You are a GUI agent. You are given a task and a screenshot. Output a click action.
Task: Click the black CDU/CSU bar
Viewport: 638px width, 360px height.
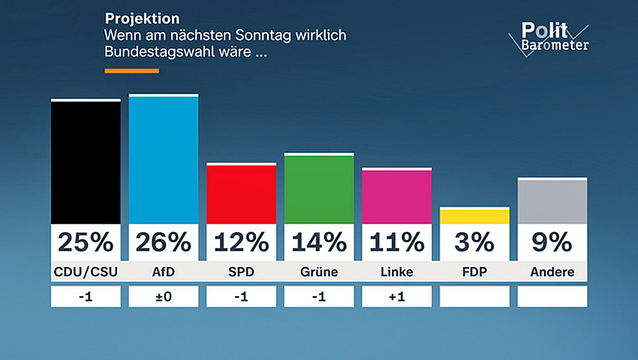click(x=86, y=161)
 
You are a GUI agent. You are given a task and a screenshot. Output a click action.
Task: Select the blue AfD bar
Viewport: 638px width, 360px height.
click(x=164, y=159)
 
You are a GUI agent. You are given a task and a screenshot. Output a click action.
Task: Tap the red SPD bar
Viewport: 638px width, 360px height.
click(x=241, y=193)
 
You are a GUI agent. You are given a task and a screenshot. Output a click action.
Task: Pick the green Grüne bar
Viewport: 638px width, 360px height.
click(x=319, y=188)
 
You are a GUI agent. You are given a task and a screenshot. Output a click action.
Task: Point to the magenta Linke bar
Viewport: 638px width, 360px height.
click(x=396, y=196)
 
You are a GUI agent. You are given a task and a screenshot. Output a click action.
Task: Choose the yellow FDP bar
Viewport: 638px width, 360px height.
click(x=474, y=216)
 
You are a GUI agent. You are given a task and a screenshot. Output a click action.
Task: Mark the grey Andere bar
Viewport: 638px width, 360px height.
click(x=552, y=201)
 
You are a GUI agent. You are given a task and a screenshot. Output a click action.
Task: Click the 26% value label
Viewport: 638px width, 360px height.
click(x=164, y=242)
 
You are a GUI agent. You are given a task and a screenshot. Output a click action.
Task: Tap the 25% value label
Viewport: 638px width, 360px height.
click(x=86, y=242)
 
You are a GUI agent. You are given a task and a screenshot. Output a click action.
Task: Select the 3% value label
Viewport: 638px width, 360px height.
click(x=474, y=242)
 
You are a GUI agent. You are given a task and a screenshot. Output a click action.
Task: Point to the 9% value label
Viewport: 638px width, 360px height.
click(x=552, y=242)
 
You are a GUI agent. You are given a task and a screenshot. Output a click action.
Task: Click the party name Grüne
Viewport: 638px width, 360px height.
click(x=319, y=271)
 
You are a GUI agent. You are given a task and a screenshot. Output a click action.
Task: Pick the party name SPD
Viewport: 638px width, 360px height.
click(x=241, y=271)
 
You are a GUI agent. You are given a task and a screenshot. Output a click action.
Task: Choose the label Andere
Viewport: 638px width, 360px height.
click(x=552, y=271)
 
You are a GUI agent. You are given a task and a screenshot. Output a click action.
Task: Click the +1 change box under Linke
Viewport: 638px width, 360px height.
click(x=396, y=296)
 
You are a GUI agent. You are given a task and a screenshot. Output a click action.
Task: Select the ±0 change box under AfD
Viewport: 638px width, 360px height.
click(x=164, y=296)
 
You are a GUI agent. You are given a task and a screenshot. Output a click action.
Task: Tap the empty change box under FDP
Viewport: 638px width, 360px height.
click(x=474, y=296)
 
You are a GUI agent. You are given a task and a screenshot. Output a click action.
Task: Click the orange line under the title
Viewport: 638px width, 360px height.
click(x=131, y=70)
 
